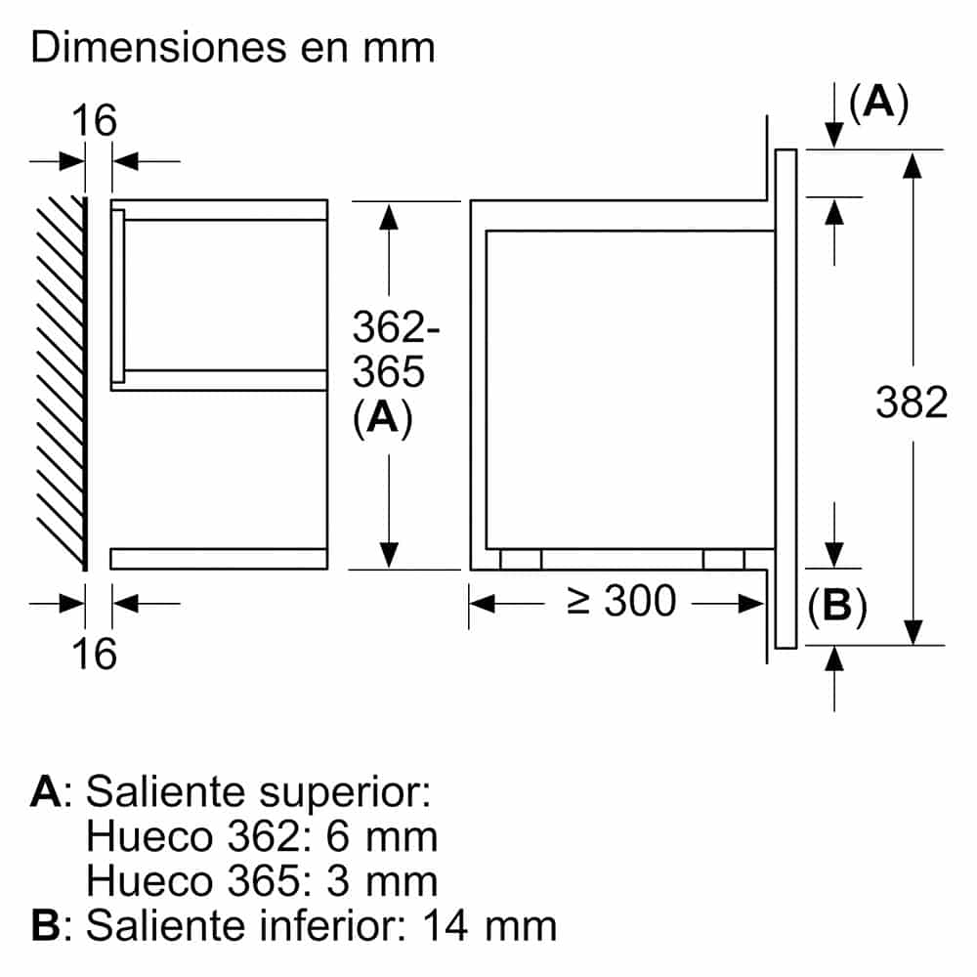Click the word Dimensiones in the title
tap(159, 47)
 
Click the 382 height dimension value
tap(912, 403)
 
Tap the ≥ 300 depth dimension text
tap(621, 601)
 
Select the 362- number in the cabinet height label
tap(396, 327)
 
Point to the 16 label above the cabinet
tap(94, 120)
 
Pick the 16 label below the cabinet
tap(94, 654)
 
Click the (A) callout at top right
tap(878, 103)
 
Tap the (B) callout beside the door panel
tap(837, 606)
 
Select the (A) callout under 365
tap(383, 417)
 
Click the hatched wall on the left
tap(61, 383)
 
